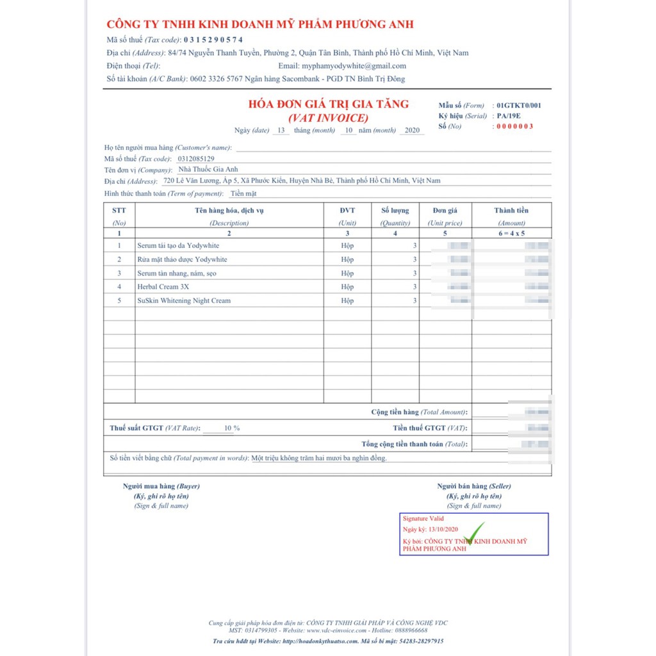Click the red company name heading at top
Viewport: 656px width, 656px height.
pyautogui.click(x=260, y=24)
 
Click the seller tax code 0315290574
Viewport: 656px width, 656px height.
pyautogui.click(x=213, y=40)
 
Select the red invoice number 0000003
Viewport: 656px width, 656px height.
pyautogui.click(x=515, y=126)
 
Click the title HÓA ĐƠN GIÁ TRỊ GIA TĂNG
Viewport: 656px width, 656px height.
pyautogui.click(x=328, y=104)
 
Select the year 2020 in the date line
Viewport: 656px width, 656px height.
pyautogui.click(x=412, y=130)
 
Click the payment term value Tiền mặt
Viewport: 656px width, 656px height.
pyautogui.click(x=243, y=193)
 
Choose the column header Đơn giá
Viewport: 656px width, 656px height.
pyautogui.click(x=445, y=210)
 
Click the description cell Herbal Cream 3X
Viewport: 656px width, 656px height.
pyautogui.click(x=163, y=286)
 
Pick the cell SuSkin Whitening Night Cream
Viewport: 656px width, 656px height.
pyautogui.click(x=184, y=300)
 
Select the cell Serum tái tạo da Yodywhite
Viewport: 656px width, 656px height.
pyautogui.click(x=178, y=245)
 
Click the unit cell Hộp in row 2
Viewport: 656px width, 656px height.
pyautogui.click(x=347, y=259)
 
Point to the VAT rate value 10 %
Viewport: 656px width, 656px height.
pyautogui.click(x=232, y=428)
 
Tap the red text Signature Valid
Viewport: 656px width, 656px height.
pyautogui.click(x=423, y=518)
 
